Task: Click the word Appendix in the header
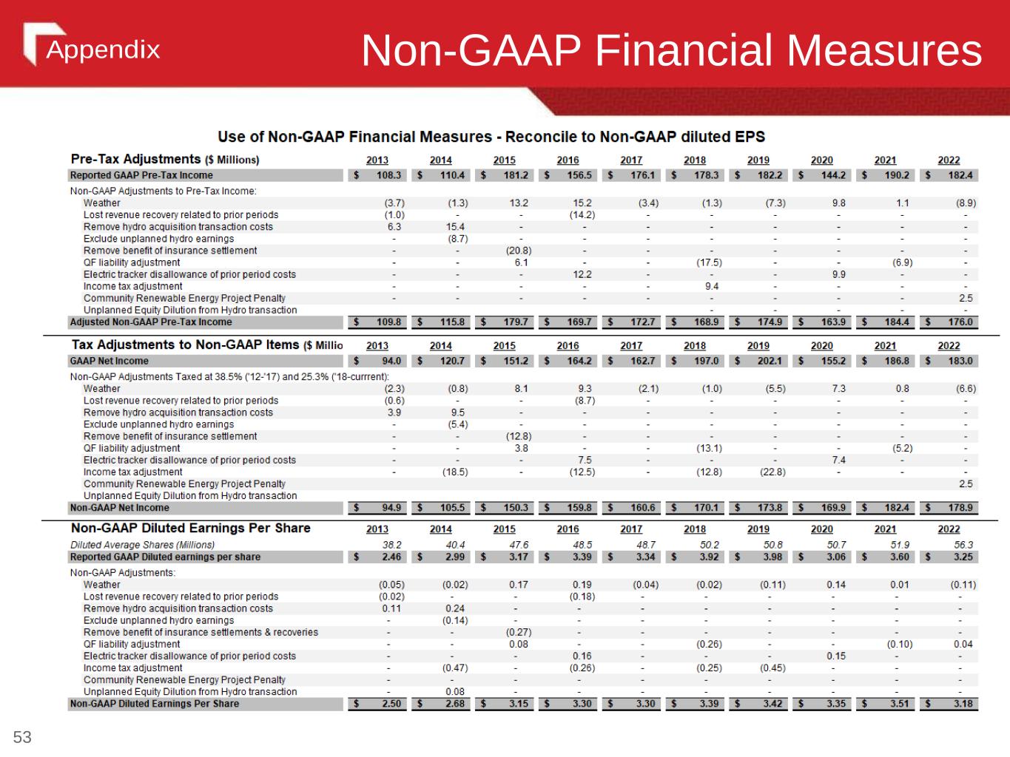coord(103,50)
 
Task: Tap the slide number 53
coord(22,737)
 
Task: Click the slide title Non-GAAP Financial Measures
coord(671,51)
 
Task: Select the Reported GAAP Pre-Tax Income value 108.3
coord(388,175)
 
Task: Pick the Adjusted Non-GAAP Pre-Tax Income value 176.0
coord(960,322)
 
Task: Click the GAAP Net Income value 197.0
coord(706,361)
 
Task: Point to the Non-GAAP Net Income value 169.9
coord(833,508)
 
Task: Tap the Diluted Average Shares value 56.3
coord(963,545)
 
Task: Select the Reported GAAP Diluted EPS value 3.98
coord(770,557)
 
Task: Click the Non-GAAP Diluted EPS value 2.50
coord(391,704)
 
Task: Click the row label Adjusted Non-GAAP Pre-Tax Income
coord(151,322)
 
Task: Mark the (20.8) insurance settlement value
coord(518,251)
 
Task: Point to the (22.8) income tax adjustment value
coord(772,472)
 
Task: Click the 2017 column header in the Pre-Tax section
coord(631,160)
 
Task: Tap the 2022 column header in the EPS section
coord(949,529)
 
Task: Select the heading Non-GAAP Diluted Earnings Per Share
coord(191,528)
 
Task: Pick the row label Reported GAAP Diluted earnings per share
coord(165,557)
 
